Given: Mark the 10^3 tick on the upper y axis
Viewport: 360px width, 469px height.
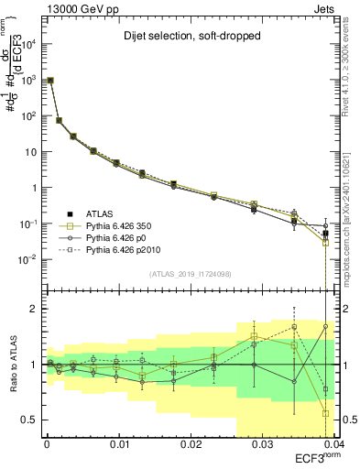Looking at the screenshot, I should tap(28, 80).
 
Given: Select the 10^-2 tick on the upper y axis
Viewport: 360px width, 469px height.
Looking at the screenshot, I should tap(28, 259).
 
